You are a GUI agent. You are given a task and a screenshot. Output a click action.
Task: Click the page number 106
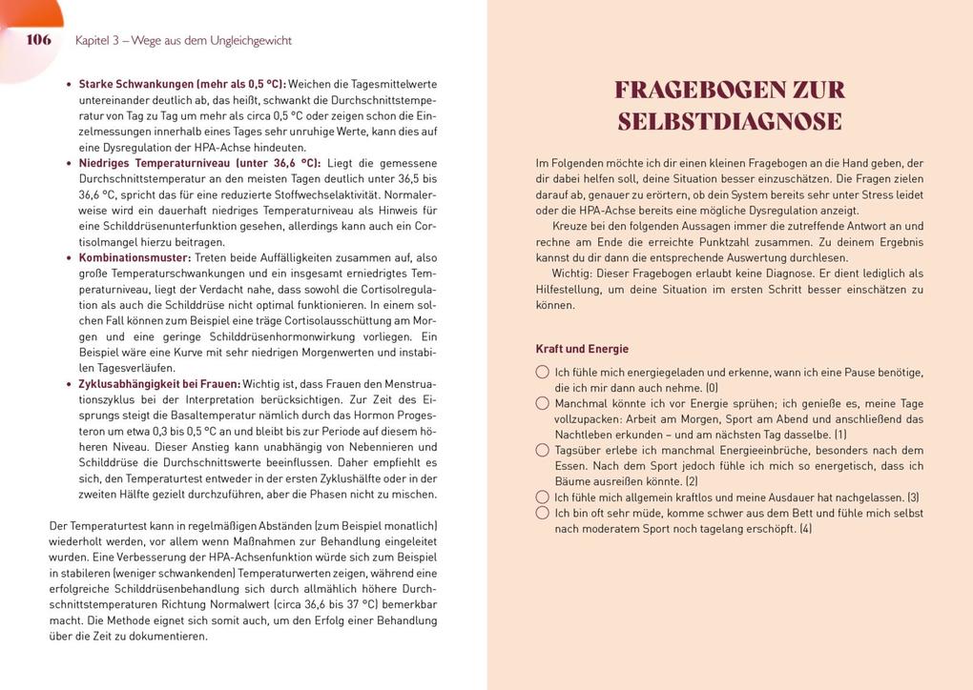pos(38,40)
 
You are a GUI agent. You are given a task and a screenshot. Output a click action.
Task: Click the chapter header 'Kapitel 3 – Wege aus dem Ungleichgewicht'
pos(183,41)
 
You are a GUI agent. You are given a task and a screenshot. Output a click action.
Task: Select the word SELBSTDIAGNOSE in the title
pos(730,122)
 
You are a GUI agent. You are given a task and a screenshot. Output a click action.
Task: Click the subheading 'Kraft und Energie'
pos(582,349)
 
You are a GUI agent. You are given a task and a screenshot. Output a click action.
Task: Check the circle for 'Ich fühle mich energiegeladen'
pos(543,372)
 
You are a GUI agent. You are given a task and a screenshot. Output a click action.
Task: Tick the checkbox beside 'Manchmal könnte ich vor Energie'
pos(543,403)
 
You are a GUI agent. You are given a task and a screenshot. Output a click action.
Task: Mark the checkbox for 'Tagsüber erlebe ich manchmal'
pos(543,450)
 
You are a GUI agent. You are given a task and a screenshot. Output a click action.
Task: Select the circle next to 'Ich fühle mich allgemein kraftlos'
pos(543,497)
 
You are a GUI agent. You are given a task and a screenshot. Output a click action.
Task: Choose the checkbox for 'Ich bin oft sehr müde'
pos(543,513)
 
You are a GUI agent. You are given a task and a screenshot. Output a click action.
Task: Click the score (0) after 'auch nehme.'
pos(711,388)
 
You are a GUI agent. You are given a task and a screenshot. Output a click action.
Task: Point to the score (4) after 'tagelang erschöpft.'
pos(805,529)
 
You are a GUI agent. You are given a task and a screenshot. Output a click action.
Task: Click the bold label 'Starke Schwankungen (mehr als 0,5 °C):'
pos(181,84)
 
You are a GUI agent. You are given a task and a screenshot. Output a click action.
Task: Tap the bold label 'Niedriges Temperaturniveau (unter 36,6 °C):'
pos(199,163)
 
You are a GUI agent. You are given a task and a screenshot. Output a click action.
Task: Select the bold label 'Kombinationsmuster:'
pos(135,257)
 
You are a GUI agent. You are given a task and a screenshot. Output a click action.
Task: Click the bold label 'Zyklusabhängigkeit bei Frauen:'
pos(158,383)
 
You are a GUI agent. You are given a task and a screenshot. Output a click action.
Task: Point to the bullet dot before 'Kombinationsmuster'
pos(69,258)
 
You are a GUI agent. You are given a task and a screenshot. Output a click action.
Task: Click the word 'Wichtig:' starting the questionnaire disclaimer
pos(573,274)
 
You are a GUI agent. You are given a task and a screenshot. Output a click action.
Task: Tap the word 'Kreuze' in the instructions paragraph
pos(570,226)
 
